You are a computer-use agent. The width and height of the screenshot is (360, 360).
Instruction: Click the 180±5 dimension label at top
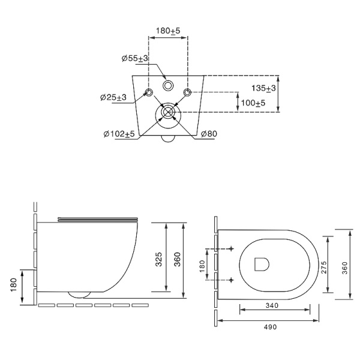click(x=168, y=31)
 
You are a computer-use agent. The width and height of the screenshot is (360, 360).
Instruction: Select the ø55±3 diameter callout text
click(x=135, y=58)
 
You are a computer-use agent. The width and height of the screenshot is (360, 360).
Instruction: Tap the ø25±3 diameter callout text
click(x=113, y=97)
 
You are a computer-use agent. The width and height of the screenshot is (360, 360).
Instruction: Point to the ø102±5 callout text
click(x=119, y=134)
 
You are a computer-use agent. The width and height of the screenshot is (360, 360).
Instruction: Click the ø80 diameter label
click(x=209, y=134)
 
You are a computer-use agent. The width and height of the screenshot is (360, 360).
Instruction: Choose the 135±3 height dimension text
click(x=263, y=88)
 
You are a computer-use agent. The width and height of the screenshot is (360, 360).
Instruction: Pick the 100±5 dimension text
click(x=253, y=103)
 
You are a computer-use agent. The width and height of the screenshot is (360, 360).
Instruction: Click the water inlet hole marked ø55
click(x=168, y=86)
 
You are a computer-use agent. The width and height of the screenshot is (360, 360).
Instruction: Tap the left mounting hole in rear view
click(x=149, y=92)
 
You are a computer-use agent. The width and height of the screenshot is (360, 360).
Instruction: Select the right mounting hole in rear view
click(x=187, y=92)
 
